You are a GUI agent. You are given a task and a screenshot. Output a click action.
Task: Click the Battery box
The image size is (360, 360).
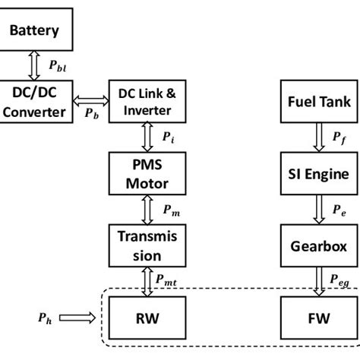coord(39,31)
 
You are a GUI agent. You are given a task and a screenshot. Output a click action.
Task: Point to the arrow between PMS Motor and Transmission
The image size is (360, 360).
coord(147,209)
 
